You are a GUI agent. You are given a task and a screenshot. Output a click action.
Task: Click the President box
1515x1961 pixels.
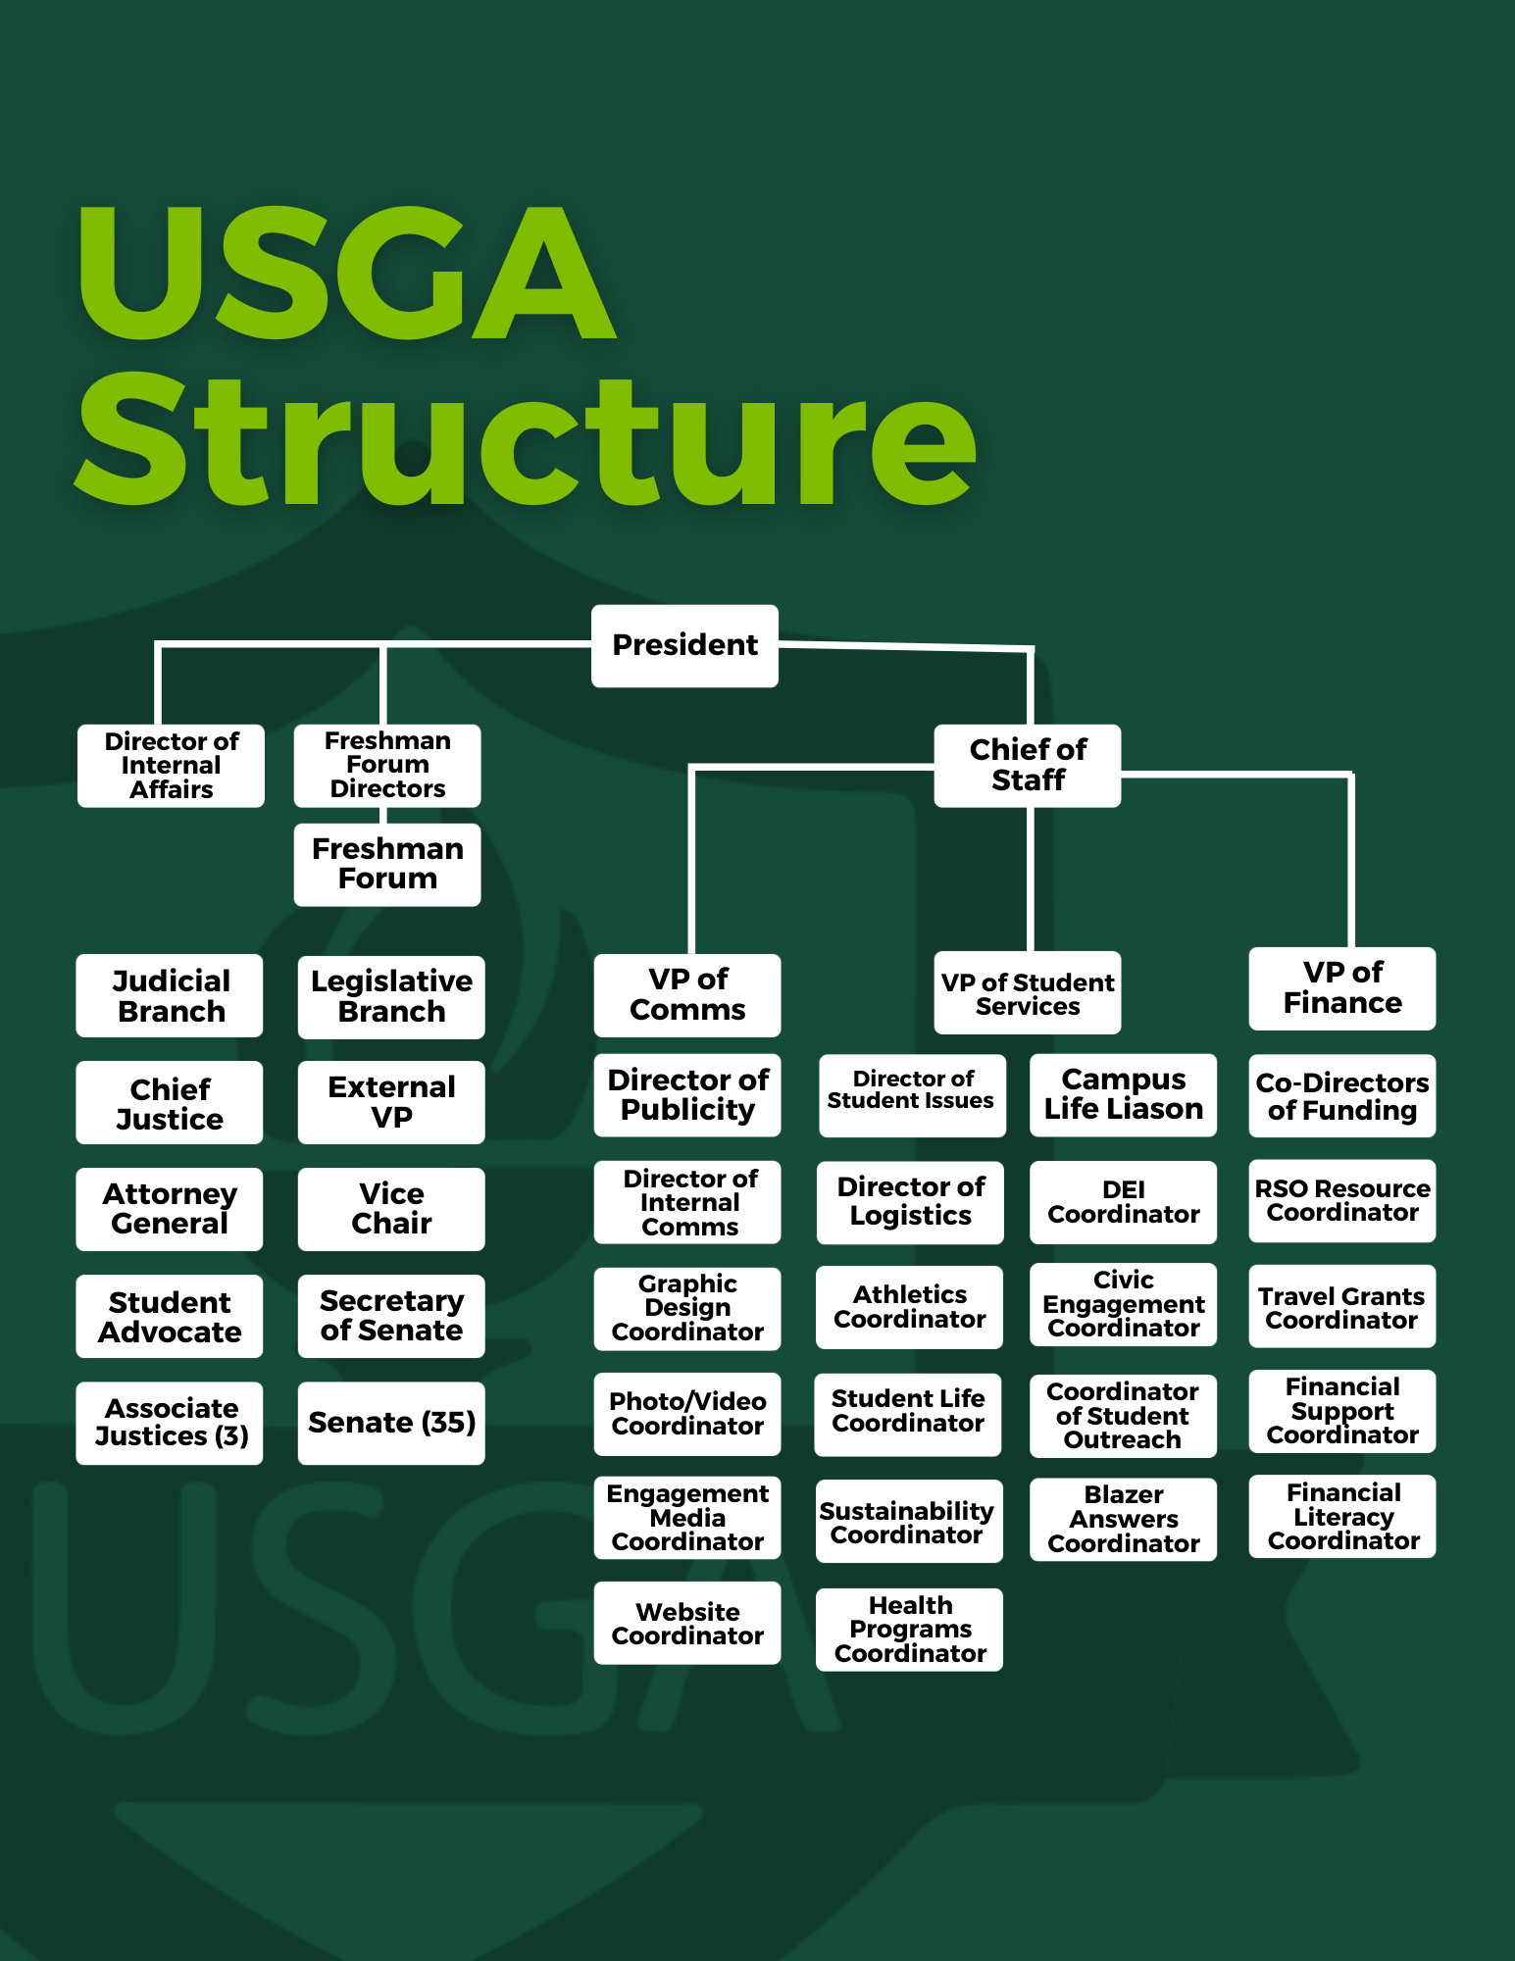pos(684,645)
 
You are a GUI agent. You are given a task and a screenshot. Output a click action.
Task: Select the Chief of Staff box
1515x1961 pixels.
pos(1027,765)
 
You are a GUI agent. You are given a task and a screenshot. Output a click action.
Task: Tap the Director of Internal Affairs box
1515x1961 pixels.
pos(171,765)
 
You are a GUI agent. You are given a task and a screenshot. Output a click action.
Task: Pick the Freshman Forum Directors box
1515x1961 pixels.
pos(387,765)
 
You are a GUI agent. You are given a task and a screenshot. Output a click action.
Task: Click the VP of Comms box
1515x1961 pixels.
pos(687,994)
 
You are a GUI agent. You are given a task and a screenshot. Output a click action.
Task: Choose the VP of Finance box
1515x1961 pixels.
pos(1341,988)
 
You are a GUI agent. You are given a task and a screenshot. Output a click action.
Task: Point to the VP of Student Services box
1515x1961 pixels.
pos(1027,992)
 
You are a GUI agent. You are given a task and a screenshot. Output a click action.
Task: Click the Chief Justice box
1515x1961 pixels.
pos(170,1102)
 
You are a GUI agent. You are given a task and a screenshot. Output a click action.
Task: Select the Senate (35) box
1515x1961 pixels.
pos(391,1423)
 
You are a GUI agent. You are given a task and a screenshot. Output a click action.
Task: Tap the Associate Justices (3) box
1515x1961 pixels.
pos(170,1423)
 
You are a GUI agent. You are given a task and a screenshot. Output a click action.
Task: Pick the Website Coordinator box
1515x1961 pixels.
pos(687,1623)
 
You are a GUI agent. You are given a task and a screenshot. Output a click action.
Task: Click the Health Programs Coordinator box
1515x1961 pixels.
pos(909,1630)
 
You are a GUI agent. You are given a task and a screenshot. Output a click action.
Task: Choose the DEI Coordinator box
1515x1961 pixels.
pos(1123,1202)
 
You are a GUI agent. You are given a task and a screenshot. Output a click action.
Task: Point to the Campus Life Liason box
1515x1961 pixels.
pos(1123,1094)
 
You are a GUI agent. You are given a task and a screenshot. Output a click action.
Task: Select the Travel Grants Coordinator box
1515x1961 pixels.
pos(1341,1307)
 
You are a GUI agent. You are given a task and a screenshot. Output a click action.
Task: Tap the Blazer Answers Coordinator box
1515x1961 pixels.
pos(1123,1519)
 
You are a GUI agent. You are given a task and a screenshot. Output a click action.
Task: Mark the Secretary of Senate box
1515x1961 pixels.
pos(391,1316)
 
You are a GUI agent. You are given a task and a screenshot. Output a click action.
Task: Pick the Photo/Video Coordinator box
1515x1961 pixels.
pos(687,1414)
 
